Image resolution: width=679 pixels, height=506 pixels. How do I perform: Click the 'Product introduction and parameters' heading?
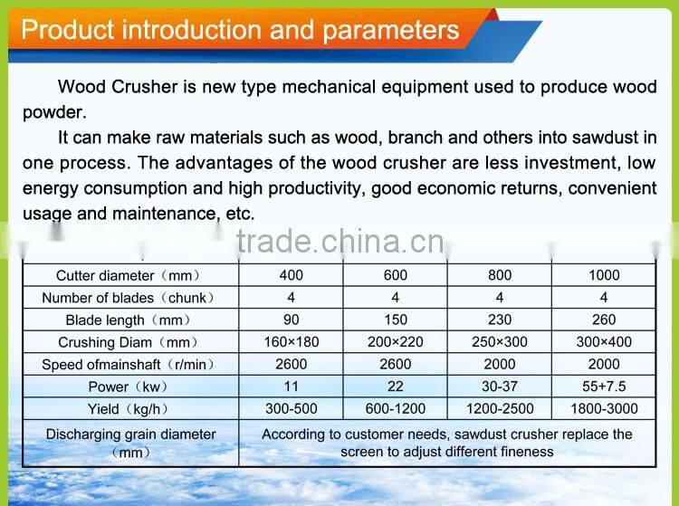pyautogui.click(x=240, y=31)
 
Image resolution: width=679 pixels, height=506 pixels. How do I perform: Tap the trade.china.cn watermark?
pyautogui.click(x=339, y=243)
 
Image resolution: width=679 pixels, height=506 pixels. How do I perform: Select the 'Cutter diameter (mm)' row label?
pyautogui.click(x=128, y=275)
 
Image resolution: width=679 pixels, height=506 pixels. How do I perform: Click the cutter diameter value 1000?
pyautogui.click(x=604, y=275)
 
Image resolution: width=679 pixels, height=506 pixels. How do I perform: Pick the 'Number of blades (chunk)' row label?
pyautogui.click(x=128, y=297)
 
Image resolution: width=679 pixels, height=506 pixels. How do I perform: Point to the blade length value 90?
pyautogui.click(x=292, y=320)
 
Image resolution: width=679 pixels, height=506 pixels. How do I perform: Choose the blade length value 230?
pyautogui.click(x=499, y=320)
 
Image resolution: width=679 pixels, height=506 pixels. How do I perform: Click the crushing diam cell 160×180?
pyautogui.click(x=292, y=342)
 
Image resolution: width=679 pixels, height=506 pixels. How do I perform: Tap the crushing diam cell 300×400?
pyautogui.click(x=604, y=342)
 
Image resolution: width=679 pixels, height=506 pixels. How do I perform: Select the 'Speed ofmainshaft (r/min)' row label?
pyautogui.click(x=128, y=364)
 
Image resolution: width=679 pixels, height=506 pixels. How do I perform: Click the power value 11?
pyautogui.click(x=292, y=387)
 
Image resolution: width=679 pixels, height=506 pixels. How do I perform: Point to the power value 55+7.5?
pyautogui.click(x=604, y=387)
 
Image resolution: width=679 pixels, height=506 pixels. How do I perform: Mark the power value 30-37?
pyautogui.click(x=499, y=387)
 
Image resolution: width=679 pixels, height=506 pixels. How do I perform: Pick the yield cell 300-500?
pyautogui.click(x=292, y=408)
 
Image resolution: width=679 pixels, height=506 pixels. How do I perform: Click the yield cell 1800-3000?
pyautogui.click(x=604, y=408)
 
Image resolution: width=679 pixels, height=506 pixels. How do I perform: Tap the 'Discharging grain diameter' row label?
pyautogui.click(x=130, y=434)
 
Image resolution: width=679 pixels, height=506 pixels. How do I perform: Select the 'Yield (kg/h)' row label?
pyautogui.click(x=128, y=408)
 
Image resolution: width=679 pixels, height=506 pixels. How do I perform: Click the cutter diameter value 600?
pyautogui.click(x=396, y=275)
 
